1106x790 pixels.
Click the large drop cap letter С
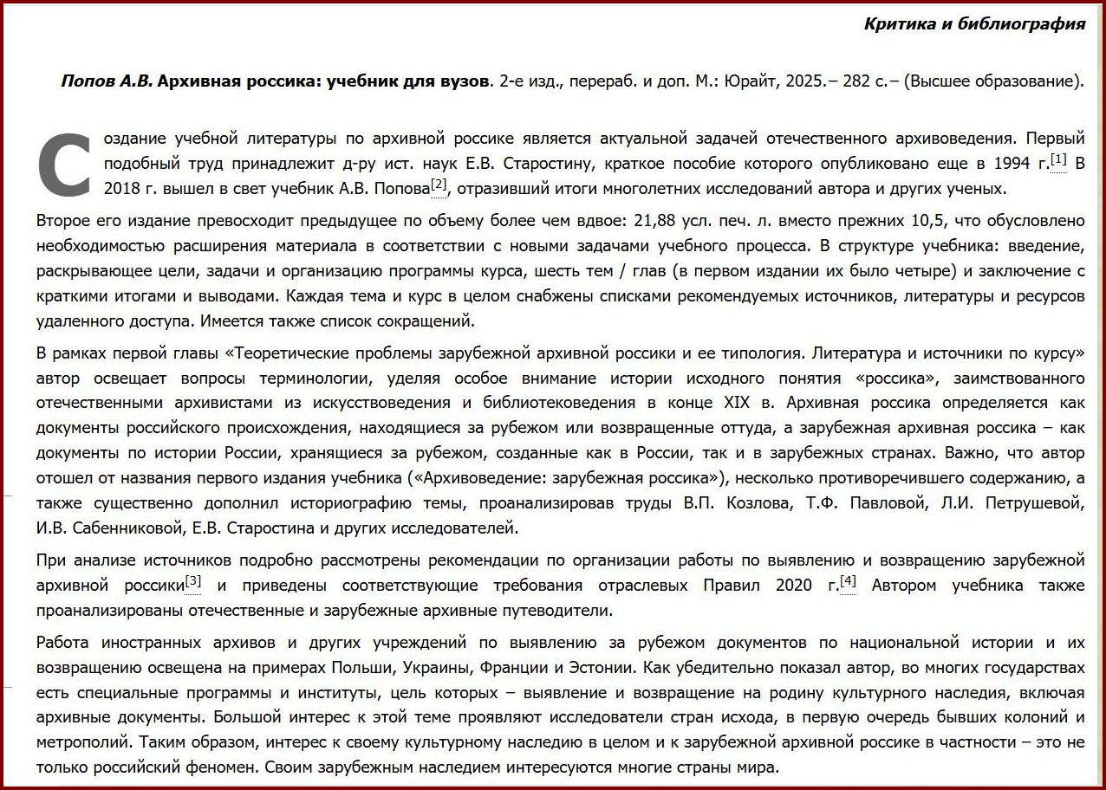65,164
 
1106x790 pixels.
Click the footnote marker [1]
1058,159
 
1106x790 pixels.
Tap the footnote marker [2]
439,185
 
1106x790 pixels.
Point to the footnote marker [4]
848,581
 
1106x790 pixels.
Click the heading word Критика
899,23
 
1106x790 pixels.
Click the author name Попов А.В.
107,82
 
